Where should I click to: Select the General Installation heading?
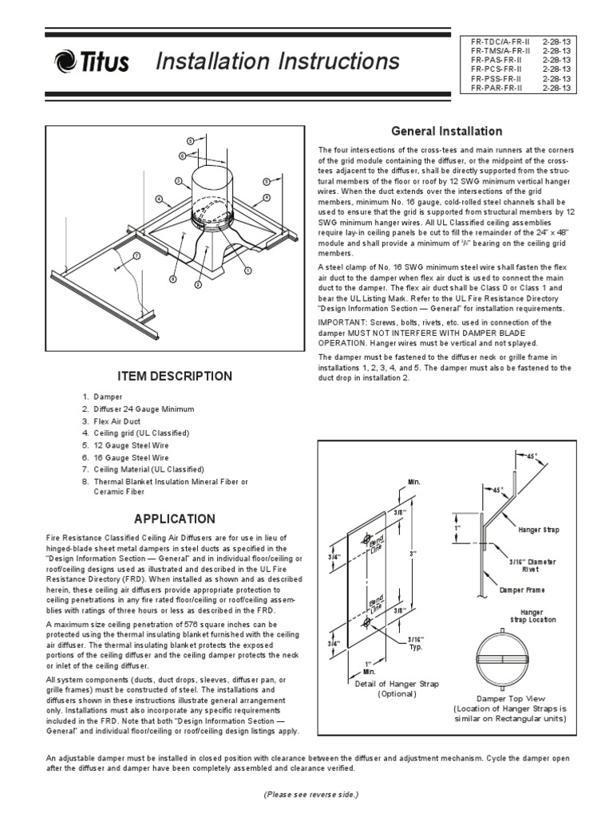[x=445, y=131]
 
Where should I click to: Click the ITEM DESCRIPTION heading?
[x=176, y=376]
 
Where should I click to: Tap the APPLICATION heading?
[x=176, y=519]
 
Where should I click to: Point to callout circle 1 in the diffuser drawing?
[x=248, y=270]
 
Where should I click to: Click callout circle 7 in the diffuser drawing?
[x=136, y=256]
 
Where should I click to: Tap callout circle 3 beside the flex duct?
[x=179, y=180]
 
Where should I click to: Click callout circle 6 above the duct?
[x=181, y=156]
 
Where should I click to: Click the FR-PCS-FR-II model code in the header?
[x=496, y=69]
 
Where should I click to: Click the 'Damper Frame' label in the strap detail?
[x=521, y=590]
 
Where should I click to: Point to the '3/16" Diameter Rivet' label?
[x=526, y=566]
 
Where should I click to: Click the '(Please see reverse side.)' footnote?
[x=310, y=795]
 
